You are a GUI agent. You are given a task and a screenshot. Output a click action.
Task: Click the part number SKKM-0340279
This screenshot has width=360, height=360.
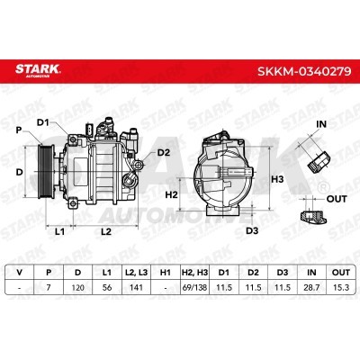pyautogui.click(x=304, y=71)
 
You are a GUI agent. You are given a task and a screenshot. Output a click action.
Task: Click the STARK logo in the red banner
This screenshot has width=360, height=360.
pyautogui.click(x=38, y=70)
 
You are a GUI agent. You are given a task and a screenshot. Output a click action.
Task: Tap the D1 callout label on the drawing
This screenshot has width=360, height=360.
pyautogui.click(x=43, y=122)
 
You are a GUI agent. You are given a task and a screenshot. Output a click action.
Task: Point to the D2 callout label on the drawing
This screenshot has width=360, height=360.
pyautogui.click(x=164, y=153)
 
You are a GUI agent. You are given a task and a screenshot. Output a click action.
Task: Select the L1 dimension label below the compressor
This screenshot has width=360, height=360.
pyautogui.click(x=60, y=231)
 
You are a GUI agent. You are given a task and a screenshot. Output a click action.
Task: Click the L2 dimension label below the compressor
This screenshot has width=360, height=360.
pyautogui.click(x=106, y=231)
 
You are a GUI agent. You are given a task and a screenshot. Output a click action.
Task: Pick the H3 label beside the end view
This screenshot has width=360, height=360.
pyautogui.click(x=277, y=179)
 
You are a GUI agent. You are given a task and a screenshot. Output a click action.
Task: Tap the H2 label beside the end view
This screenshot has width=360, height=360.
pyautogui.click(x=172, y=195)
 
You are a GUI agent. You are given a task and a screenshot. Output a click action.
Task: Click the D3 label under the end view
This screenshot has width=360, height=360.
pyautogui.click(x=252, y=230)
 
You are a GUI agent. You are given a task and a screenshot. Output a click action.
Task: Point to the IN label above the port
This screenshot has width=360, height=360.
pyautogui.click(x=321, y=124)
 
